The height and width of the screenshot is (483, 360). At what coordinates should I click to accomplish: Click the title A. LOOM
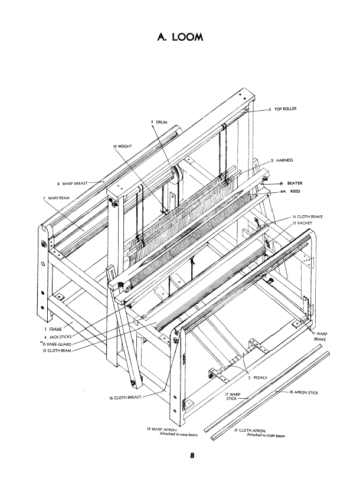pyautogui.click(x=181, y=37)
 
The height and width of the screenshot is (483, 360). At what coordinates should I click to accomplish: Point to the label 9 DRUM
pyautogui.click(x=159, y=122)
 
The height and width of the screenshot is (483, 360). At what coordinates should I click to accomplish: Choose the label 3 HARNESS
pyautogui.click(x=282, y=160)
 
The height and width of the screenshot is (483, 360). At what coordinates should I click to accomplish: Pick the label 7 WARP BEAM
pyautogui.click(x=57, y=198)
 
